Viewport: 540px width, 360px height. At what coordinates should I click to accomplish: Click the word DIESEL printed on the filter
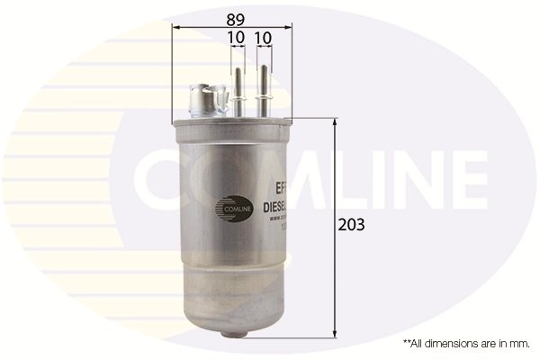[279, 206]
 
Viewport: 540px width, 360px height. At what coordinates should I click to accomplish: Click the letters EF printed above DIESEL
[280, 190]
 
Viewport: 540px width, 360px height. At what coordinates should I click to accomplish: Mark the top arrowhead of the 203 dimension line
[336, 121]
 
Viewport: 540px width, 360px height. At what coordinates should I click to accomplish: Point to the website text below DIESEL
[281, 219]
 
